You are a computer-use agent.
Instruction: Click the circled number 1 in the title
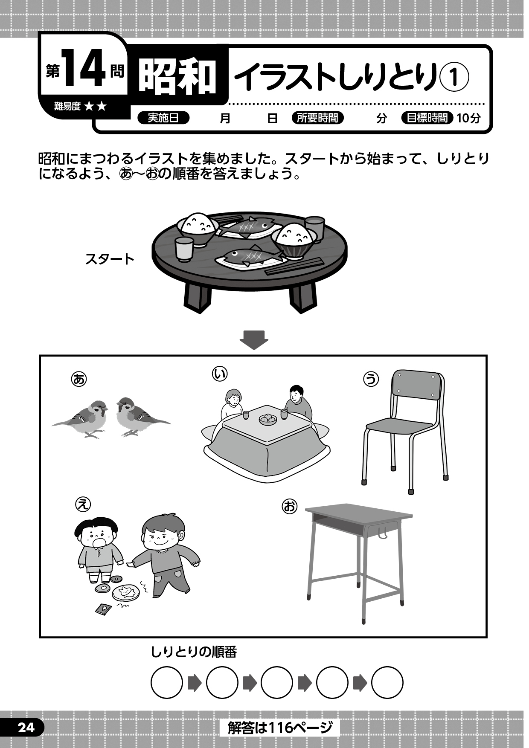(x=454, y=77)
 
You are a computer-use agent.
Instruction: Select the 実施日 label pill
(x=163, y=118)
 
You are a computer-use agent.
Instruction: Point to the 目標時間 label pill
(x=427, y=118)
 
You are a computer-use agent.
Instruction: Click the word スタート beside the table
(x=110, y=259)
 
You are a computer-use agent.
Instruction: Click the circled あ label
(x=79, y=379)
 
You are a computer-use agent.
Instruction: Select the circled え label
(x=83, y=504)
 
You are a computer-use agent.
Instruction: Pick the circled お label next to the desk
(x=289, y=507)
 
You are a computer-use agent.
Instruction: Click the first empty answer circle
(x=167, y=683)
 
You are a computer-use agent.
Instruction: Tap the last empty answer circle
(x=387, y=683)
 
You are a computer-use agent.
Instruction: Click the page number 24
(x=26, y=727)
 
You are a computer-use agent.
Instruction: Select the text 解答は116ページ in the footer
(x=280, y=727)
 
